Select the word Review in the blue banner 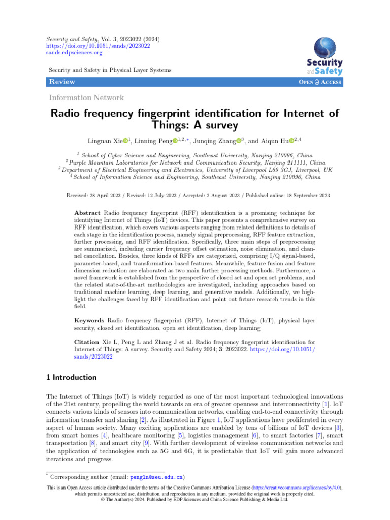click(61, 82)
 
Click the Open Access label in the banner click(317, 82)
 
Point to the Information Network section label click(86, 97)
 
